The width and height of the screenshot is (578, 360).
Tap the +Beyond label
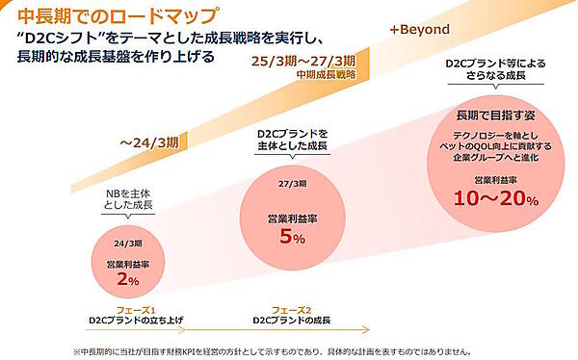[419, 30]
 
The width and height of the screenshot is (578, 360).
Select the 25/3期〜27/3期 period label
[303, 61]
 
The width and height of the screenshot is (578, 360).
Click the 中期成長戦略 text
[326, 73]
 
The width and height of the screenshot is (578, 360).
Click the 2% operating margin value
[127, 279]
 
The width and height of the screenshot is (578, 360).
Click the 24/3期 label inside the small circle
[128, 244]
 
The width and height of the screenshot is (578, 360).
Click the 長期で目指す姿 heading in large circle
[492, 116]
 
